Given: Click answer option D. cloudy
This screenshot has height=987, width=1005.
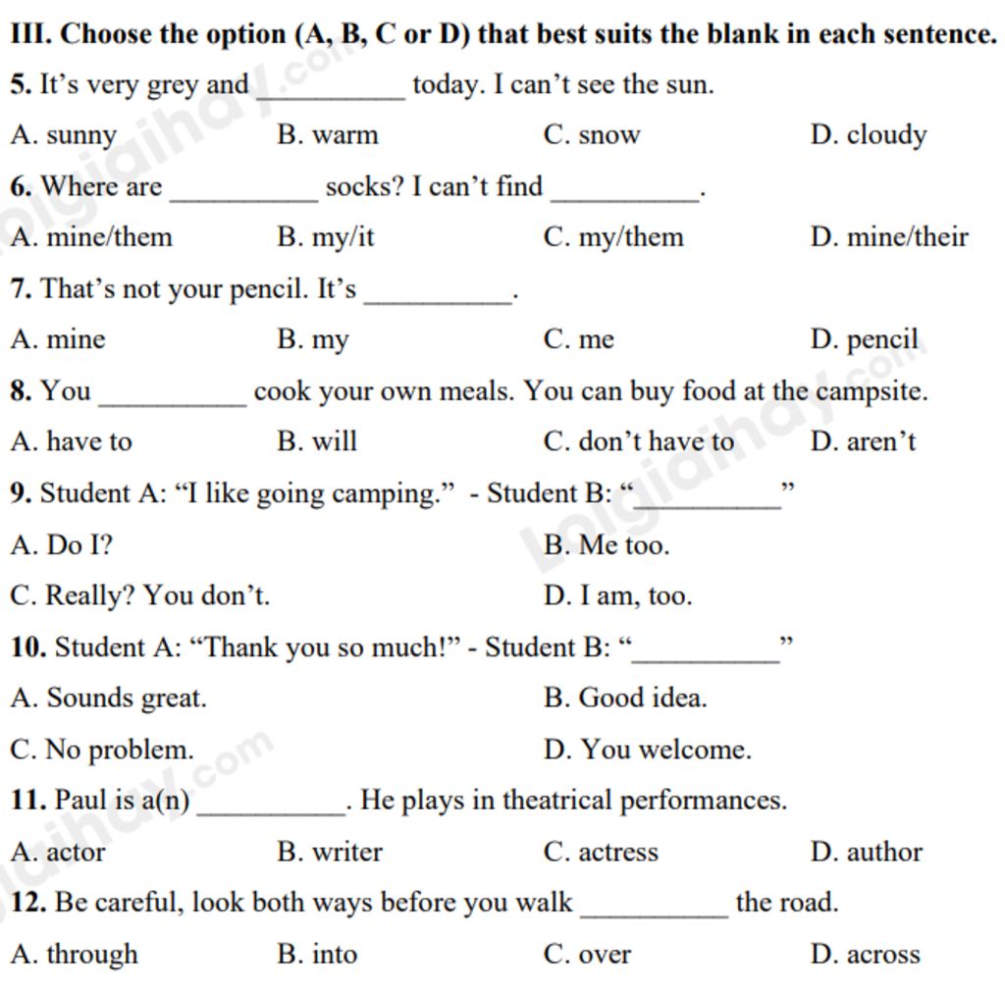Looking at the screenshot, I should click(x=868, y=135).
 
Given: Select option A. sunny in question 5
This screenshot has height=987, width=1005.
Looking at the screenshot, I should click(x=64, y=135).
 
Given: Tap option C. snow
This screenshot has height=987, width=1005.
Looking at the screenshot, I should click(x=591, y=135).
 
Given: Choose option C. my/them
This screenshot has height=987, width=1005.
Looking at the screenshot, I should click(x=612, y=237).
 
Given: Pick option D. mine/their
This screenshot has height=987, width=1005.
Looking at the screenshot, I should click(x=889, y=237).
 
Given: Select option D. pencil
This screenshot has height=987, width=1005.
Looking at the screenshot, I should click(x=864, y=340).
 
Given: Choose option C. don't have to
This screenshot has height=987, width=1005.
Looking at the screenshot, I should click(x=638, y=442).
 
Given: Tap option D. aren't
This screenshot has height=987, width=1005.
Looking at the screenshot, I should click(x=863, y=442).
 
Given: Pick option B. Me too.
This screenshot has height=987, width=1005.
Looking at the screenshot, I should click(x=606, y=545).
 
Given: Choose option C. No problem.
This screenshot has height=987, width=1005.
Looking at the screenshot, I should click(x=102, y=751).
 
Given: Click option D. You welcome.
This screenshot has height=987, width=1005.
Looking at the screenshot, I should click(x=647, y=751).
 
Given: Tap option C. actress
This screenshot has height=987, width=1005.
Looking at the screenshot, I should click(x=601, y=853).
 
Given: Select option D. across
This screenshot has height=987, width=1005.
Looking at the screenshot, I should click(x=865, y=955).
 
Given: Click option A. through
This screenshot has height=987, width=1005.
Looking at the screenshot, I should click(x=74, y=955).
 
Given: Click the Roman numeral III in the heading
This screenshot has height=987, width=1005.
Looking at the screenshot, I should click(x=29, y=35).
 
